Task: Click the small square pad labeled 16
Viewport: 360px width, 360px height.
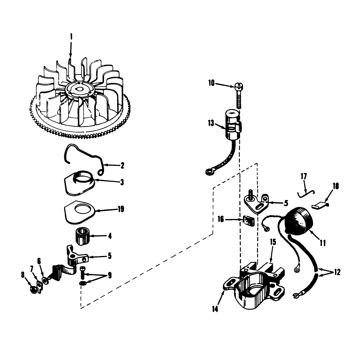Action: click(x=248, y=221)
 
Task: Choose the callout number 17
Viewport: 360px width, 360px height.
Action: click(x=304, y=177)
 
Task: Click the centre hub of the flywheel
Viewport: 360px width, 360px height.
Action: click(x=78, y=89)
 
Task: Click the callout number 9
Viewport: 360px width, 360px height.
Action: click(x=110, y=275)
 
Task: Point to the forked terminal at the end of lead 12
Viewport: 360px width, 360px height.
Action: click(x=295, y=295)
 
